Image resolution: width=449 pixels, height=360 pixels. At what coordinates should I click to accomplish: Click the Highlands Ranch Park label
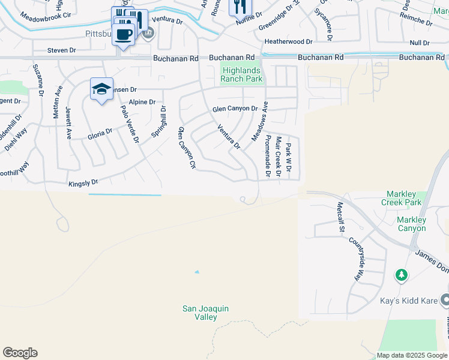(241, 74)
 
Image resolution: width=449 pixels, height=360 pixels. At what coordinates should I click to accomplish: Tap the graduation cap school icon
(101, 90)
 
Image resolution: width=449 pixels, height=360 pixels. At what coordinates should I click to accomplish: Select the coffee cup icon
(123, 34)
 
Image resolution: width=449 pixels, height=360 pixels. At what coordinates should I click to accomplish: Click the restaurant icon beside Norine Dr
(238, 7)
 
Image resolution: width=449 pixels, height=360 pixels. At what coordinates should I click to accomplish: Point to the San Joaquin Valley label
(206, 313)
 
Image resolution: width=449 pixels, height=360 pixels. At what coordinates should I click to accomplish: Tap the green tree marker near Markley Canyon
(401, 275)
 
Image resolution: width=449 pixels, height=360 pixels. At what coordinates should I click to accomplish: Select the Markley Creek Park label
(402, 198)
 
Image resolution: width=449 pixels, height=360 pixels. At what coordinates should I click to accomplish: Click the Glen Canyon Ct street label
(187, 148)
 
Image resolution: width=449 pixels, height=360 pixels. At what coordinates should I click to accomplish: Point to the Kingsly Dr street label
(83, 182)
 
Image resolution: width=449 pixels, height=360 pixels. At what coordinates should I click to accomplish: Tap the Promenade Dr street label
(268, 157)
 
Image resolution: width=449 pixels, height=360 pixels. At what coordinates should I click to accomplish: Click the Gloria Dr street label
(100, 133)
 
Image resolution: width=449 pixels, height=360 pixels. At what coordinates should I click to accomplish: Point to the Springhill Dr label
(158, 122)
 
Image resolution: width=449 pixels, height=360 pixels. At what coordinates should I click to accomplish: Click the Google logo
(20, 353)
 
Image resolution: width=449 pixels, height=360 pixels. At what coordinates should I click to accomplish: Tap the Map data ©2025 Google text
(411, 355)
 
